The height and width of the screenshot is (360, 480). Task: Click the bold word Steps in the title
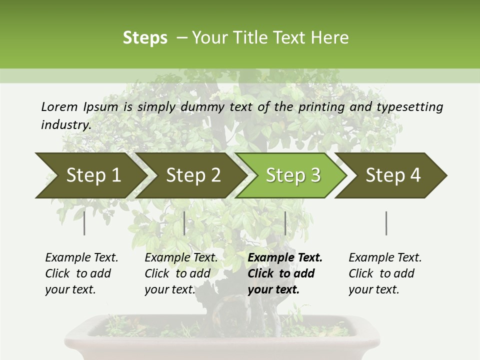click(145, 38)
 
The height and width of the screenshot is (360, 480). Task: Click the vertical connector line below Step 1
click(84, 223)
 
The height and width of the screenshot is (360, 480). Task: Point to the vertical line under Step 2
click(184, 223)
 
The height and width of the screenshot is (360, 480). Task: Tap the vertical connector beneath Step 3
click(285, 223)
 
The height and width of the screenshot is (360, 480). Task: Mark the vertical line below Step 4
click(386, 223)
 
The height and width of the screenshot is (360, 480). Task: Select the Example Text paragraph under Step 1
click(81, 273)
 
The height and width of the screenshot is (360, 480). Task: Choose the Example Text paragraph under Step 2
click(181, 273)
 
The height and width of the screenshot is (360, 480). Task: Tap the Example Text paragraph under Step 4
click(385, 273)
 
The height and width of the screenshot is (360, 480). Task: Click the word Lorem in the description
click(59, 106)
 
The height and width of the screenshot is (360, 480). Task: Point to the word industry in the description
click(66, 124)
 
